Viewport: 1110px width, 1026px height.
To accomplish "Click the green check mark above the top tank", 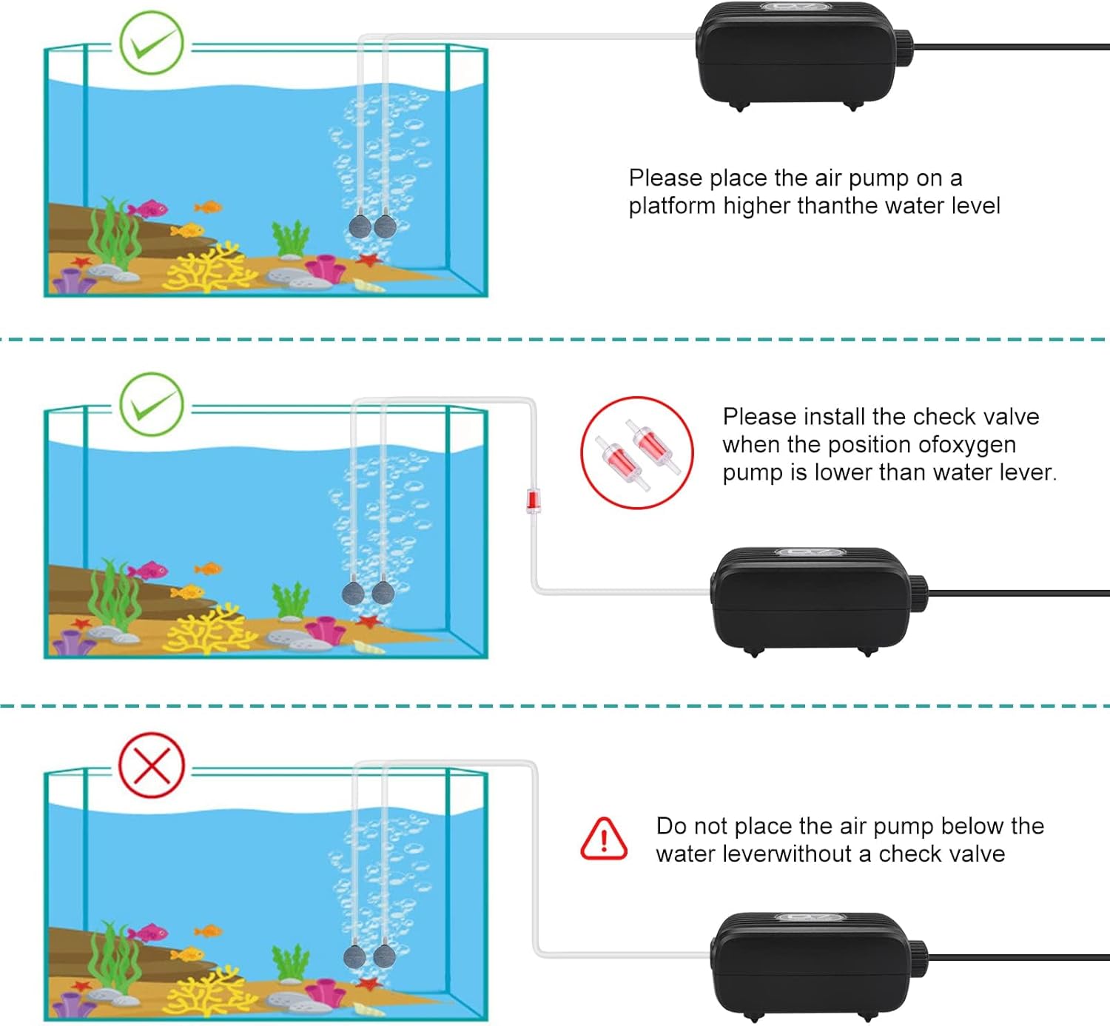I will [x=152, y=43].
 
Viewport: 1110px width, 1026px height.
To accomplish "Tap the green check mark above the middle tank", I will [x=152, y=404].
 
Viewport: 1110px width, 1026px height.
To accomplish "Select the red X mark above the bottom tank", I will [x=152, y=765].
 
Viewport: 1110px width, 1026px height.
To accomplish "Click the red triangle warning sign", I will [x=604, y=839].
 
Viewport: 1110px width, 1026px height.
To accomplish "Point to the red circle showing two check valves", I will [x=636, y=453].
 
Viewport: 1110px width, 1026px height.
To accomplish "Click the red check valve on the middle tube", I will [x=532, y=500].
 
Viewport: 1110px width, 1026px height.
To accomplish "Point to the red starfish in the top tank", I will [x=367, y=260].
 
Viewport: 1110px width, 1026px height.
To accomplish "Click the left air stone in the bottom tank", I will [x=355, y=956].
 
